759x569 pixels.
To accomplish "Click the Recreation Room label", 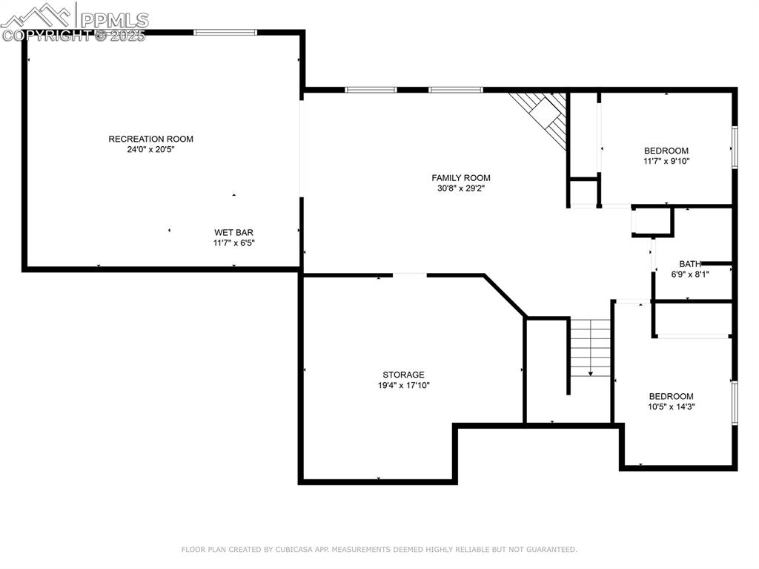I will coord(150,139).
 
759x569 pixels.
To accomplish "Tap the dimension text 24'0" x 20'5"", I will coord(150,149).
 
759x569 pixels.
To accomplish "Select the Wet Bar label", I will coord(234,232).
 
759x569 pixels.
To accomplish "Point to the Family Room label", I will coord(461,177).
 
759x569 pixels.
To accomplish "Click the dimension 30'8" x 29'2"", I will coord(461,188).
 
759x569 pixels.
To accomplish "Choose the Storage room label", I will coord(403,375).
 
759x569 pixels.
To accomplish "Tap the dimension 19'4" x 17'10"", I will coord(403,385).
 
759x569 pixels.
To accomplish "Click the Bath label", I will coord(690,263).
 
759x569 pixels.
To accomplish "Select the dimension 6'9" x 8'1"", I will coord(690,274).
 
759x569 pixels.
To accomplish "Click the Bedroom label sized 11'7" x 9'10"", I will coord(666,151).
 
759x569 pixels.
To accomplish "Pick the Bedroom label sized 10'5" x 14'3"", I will coord(671,396).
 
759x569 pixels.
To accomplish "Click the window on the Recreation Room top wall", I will coord(225,32).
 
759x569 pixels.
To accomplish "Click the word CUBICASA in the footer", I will coord(293,550).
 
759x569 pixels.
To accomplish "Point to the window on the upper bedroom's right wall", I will coord(735,147).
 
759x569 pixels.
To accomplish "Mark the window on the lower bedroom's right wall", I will coord(735,403).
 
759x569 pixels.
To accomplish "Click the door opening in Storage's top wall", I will coord(410,275).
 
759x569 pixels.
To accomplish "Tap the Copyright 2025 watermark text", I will coord(74,35).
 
